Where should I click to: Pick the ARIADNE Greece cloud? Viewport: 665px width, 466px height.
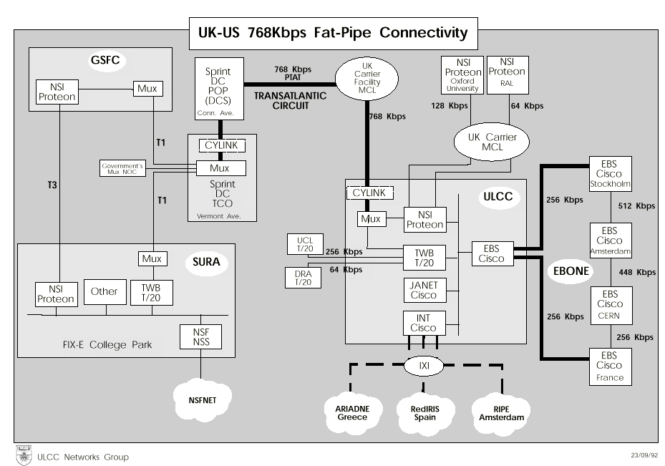(351, 412)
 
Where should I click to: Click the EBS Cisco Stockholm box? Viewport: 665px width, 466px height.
(610, 173)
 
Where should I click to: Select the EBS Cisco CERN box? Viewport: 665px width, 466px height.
(610, 304)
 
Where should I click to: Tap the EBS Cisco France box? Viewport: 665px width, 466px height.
(610, 366)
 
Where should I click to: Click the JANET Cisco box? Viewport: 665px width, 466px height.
(424, 290)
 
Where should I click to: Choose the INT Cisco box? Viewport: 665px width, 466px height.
(424, 323)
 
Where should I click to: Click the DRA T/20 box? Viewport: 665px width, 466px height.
(304, 278)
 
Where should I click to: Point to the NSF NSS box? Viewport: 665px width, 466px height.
(201, 337)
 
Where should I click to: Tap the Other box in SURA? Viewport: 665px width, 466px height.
(105, 291)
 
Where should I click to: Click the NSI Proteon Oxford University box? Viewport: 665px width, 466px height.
(463, 76)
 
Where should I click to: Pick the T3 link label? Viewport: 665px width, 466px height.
(53, 185)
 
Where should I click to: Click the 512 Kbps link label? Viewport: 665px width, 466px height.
(636, 206)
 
